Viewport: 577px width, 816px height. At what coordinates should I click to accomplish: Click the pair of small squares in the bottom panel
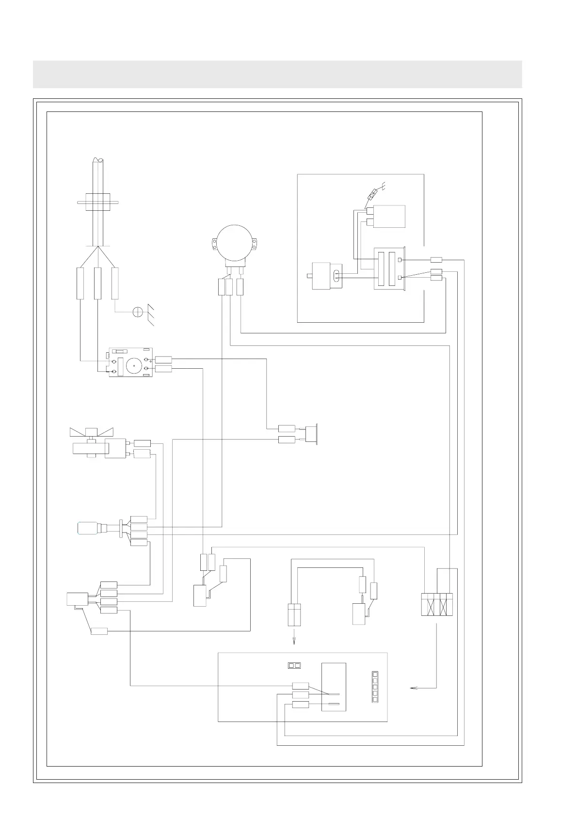(294, 665)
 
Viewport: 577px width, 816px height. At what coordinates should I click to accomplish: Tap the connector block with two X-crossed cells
(438, 604)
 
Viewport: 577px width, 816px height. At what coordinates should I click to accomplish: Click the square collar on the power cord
(98, 202)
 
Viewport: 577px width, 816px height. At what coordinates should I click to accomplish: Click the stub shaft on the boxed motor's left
(310, 277)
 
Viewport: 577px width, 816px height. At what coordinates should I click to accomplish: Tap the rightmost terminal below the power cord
(115, 283)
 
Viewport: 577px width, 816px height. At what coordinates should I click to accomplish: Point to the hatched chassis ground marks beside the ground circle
(151, 315)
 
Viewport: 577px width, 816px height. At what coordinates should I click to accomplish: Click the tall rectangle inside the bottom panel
(334, 687)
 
